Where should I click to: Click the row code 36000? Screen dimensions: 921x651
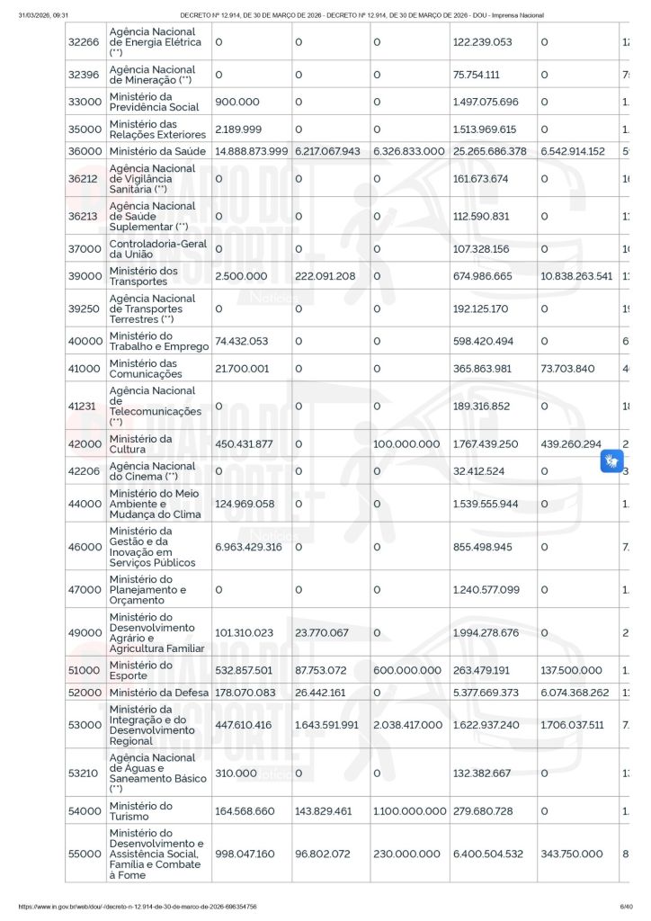(85, 151)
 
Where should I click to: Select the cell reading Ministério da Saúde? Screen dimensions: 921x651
(157, 151)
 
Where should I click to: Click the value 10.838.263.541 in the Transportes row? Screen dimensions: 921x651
(576, 276)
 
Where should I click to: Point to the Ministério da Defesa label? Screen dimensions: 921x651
(159, 692)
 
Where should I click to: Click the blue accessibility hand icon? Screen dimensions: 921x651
(611, 461)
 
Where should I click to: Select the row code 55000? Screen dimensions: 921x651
(85, 854)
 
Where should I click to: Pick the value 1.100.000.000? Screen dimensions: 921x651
(409, 811)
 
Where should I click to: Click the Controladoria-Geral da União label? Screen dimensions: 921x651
(157, 248)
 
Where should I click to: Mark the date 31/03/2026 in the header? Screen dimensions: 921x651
(36, 15)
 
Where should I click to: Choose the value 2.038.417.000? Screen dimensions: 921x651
(408, 725)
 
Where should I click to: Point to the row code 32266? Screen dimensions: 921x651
(85, 42)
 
